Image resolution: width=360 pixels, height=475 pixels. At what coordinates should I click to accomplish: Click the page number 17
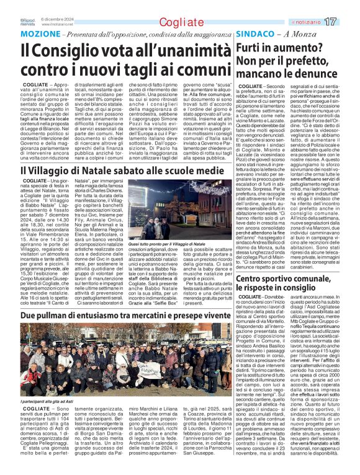347,22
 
